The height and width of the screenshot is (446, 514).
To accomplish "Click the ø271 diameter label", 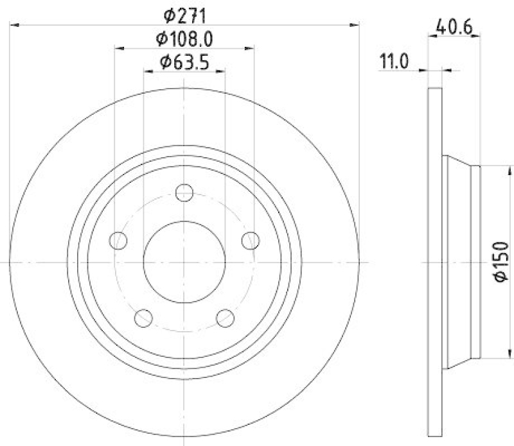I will tap(184, 13).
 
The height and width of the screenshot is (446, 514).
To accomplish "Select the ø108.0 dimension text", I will tap(184, 38).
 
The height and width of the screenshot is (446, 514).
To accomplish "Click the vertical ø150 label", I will tap(501, 262).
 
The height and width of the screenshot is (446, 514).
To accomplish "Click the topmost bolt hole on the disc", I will tap(184, 192).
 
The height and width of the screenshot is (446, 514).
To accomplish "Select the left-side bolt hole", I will tap(118, 241).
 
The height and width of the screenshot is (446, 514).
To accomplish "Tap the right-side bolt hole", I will tap(251, 241).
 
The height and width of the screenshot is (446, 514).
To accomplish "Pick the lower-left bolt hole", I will tap(144, 318).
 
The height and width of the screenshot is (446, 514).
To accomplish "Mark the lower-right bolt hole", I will tap(226, 318).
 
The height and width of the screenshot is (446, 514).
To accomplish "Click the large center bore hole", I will tap(184, 262).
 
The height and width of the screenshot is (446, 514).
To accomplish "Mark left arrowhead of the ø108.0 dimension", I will tap(119, 48).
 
